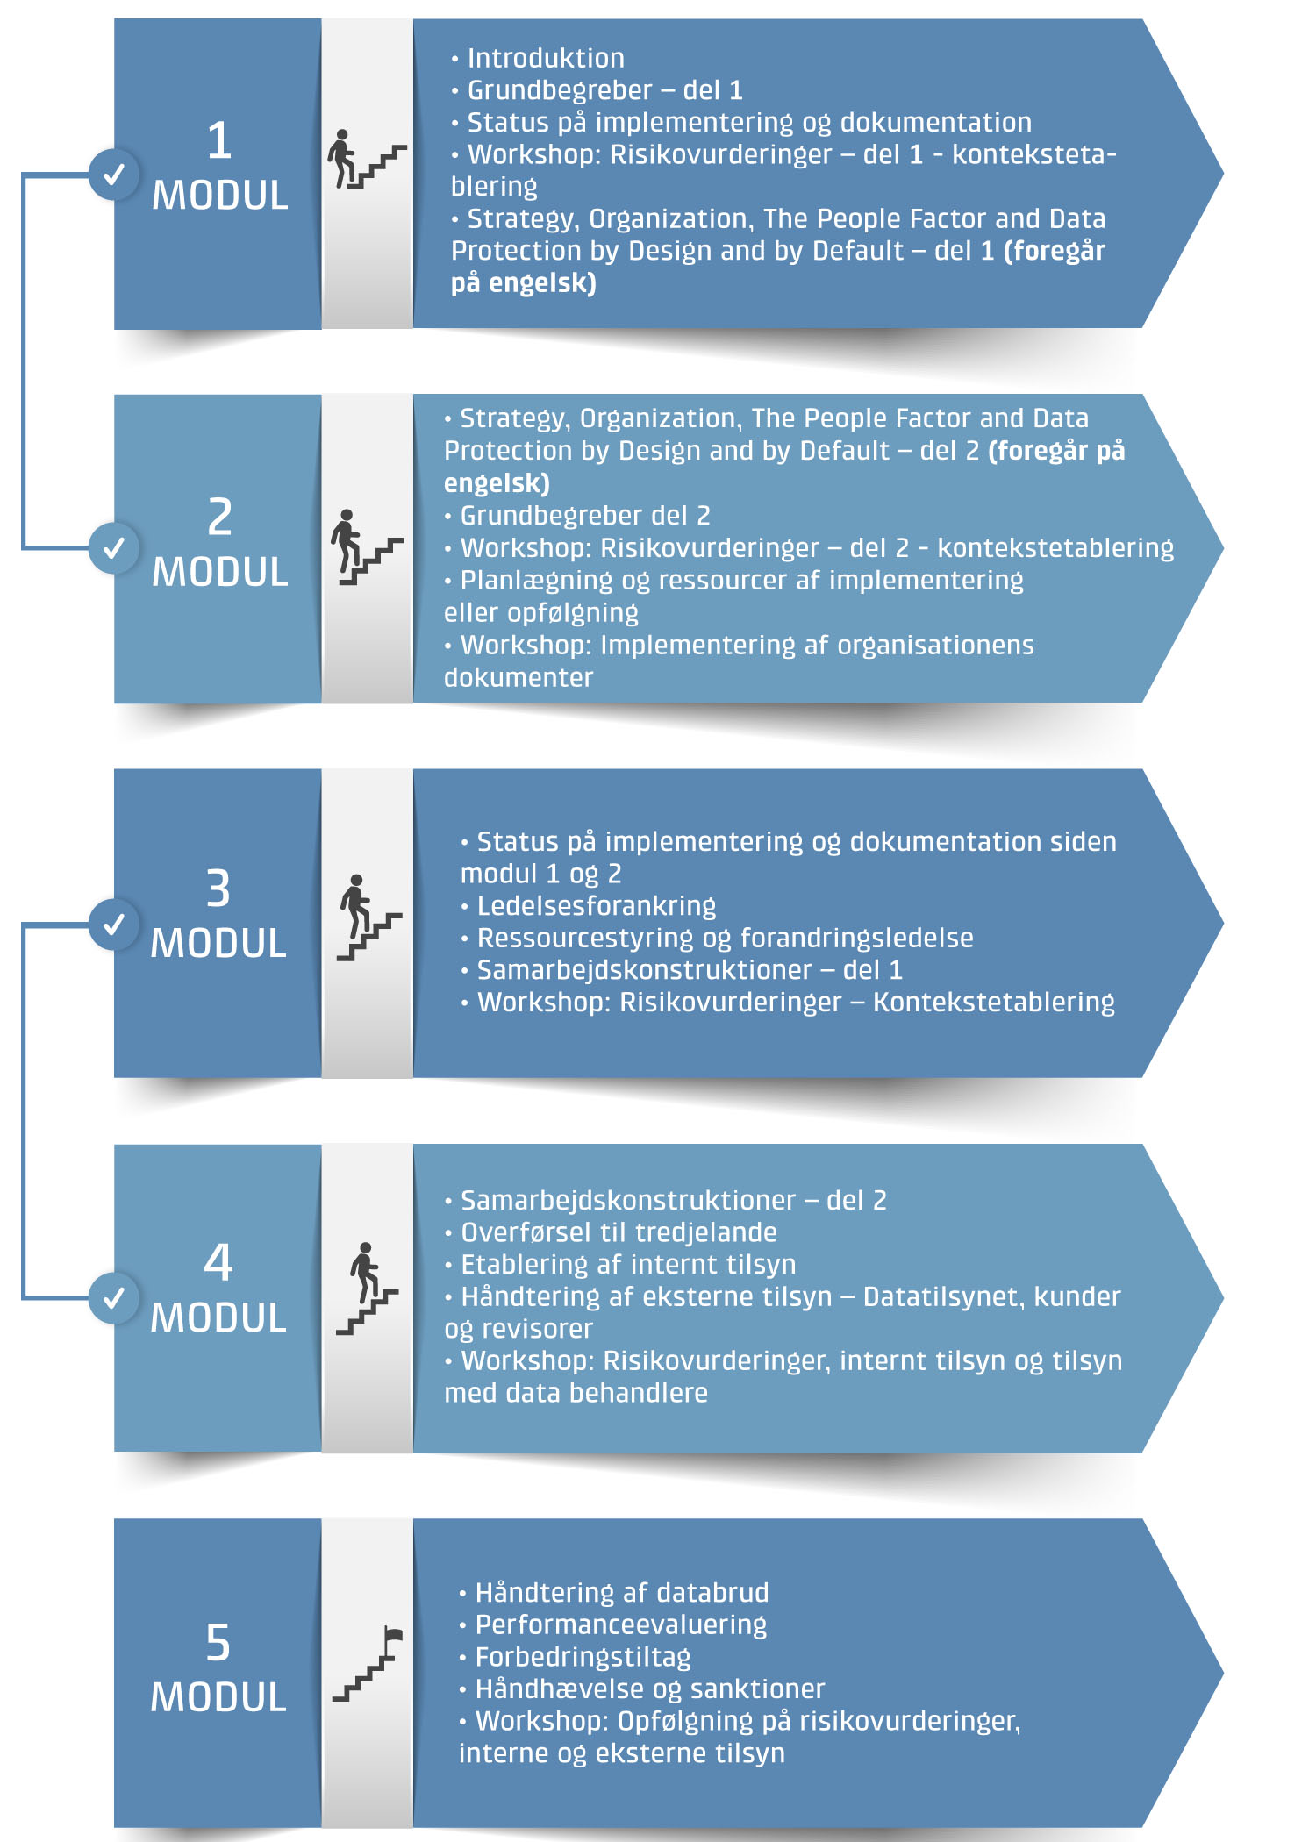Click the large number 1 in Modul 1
point(219,140)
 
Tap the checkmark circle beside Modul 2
point(114,548)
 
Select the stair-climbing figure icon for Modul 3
point(368,917)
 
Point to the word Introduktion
point(546,59)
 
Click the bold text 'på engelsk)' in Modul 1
point(524,283)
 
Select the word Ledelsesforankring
point(597,906)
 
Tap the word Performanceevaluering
point(621,1625)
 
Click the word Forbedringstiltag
point(583,1658)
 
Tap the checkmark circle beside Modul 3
point(114,924)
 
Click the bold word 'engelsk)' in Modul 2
point(497,483)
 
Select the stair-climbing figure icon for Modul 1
point(367,160)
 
